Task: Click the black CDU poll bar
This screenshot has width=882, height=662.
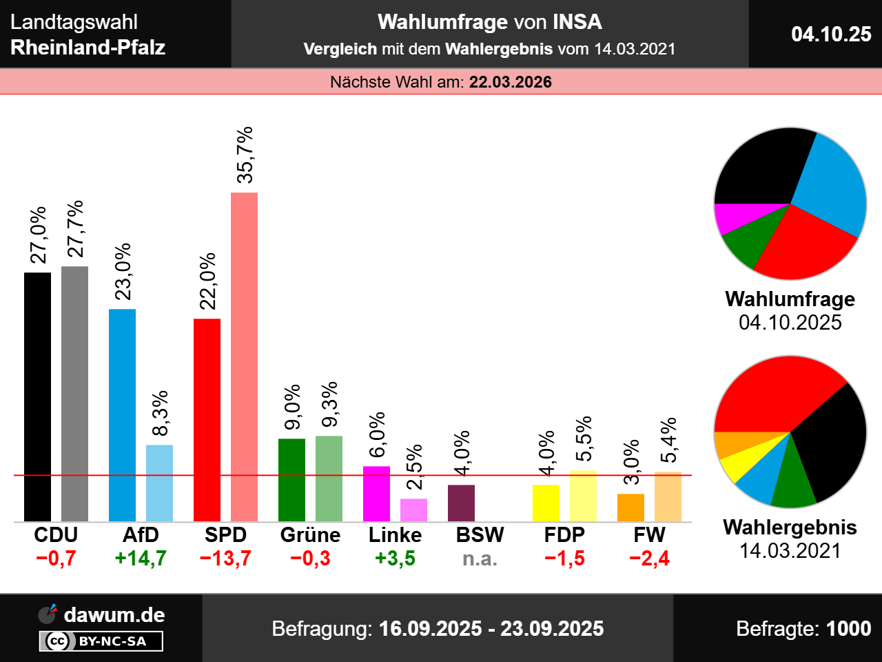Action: pyautogui.click(x=37, y=397)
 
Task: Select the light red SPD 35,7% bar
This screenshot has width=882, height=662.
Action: pyautogui.click(x=244, y=357)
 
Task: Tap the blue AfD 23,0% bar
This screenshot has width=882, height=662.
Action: pyautogui.click(x=122, y=414)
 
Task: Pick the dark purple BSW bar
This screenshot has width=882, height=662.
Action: pyautogui.click(x=461, y=503)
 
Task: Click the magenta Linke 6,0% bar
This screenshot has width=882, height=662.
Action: pyautogui.click(x=376, y=494)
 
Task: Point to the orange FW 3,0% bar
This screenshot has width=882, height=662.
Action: pyautogui.click(x=630, y=508)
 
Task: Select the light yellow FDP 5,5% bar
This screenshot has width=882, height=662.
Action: pyautogui.click(x=583, y=496)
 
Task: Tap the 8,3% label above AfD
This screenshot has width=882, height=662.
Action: pyautogui.click(x=159, y=414)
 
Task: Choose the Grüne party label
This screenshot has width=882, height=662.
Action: pyautogui.click(x=310, y=535)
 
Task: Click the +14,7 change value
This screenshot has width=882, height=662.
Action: pyautogui.click(x=141, y=558)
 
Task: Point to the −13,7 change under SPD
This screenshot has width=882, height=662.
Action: pyautogui.click(x=225, y=558)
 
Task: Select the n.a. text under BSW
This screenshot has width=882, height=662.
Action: pyautogui.click(x=480, y=558)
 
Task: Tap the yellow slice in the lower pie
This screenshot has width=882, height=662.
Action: pyautogui.click(x=737, y=463)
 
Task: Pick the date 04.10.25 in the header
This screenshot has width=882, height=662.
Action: pyautogui.click(x=831, y=34)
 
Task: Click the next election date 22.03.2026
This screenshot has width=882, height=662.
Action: pyautogui.click(x=510, y=82)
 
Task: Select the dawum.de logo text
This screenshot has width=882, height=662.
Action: pyautogui.click(x=114, y=614)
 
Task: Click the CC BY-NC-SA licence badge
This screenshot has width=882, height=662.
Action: pyautogui.click(x=101, y=641)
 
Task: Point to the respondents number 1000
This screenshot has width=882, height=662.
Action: pyautogui.click(x=848, y=628)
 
